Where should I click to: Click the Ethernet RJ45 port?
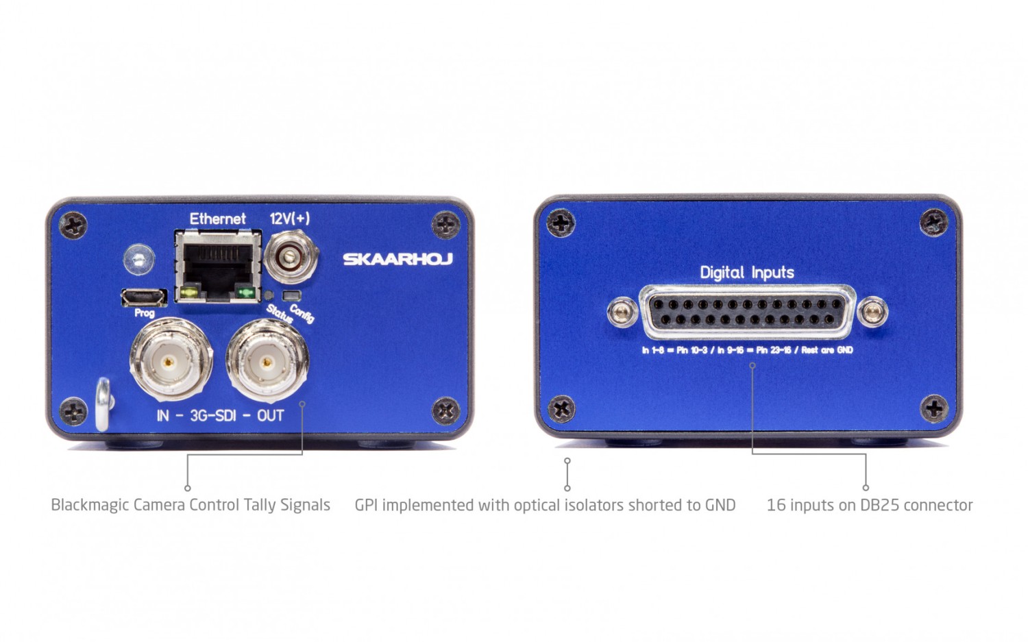pyautogui.click(x=218, y=267)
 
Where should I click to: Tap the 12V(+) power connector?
pyautogui.click(x=291, y=257)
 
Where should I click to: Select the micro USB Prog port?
pyautogui.click(x=144, y=298)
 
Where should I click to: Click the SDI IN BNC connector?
pyautogui.click(x=171, y=360)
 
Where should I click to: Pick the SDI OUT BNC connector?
pyautogui.click(x=267, y=361)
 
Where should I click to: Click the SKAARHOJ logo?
pyautogui.click(x=398, y=259)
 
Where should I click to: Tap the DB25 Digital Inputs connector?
pyautogui.click(x=747, y=312)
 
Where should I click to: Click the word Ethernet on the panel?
pyautogui.click(x=217, y=219)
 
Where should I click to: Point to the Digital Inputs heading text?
pyautogui.click(x=747, y=273)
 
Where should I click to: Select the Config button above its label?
pyautogui.click(x=292, y=295)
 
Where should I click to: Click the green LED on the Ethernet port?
pyautogui.click(x=245, y=293)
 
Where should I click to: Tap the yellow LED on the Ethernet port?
pyautogui.click(x=190, y=292)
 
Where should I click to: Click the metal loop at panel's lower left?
pyautogui.click(x=103, y=404)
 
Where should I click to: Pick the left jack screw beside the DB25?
pyautogui.click(x=622, y=312)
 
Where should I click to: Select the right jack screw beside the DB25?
pyautogui.click(x=872, y=312)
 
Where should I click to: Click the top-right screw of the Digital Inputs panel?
pyautogui.click(x=933, y=223)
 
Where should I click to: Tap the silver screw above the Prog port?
pyautogui.click(x=139, y=259)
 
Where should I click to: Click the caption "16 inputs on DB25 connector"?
pyautogui.click(x=870, y=505)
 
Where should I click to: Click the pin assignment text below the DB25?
pyautogui.click(x=747, y=350)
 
